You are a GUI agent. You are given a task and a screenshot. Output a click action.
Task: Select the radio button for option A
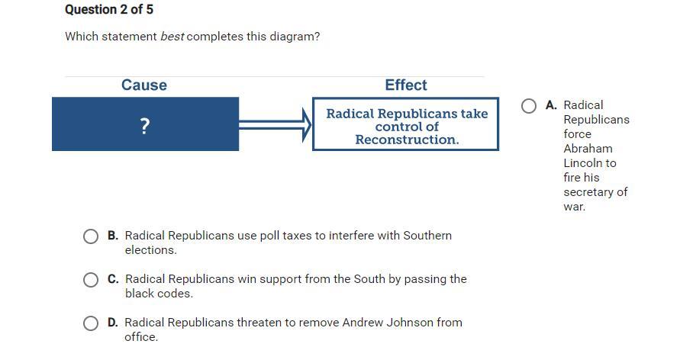point(529,106)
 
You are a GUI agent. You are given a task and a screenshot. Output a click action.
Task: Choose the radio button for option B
point(91,236)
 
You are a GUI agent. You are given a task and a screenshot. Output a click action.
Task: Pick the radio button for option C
point(91,280)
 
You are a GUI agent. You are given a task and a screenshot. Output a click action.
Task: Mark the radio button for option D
point(91,323)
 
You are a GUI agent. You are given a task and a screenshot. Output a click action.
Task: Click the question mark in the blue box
point(145,126)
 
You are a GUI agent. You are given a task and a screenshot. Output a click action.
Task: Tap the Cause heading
point(144,85)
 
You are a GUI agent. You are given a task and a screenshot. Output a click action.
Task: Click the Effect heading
point(406,85)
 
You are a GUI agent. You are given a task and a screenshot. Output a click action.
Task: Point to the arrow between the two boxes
point(275,125)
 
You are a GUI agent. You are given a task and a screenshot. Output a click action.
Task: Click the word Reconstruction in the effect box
point(407,140)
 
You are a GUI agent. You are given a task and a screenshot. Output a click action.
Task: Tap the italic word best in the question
point(172,37)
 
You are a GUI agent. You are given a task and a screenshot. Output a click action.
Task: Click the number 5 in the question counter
point(149,9)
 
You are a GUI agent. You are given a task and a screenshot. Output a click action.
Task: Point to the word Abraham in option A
point(588,149)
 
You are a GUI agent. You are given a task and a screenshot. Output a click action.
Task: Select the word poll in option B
point(269,236)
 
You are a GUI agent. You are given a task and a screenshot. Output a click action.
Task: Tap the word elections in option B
point(150,250)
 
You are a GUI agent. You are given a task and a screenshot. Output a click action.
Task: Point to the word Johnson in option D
point(409,323)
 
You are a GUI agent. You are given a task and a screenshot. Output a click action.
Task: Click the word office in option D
point(141,337)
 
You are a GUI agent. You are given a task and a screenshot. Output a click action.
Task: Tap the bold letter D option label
point(113,323)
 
